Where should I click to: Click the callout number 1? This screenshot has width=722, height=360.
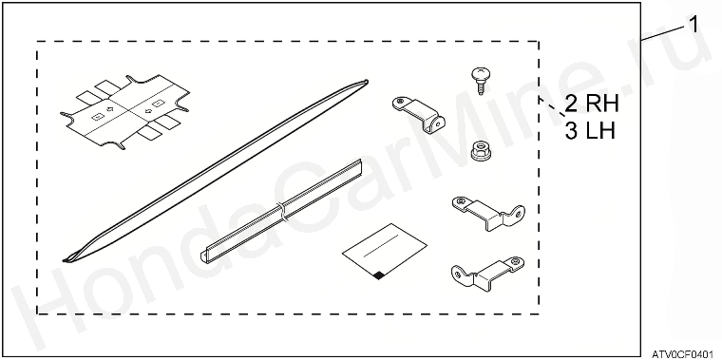tap(693, 25)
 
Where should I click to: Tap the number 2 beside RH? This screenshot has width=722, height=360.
tap(571, 104)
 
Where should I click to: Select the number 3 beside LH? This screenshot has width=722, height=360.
tap(571, 131)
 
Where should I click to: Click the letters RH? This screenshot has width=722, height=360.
tap(602, 104)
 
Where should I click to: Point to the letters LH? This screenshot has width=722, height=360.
tap(601, 131)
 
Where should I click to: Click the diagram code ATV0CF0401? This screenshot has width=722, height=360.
tap(685, 353)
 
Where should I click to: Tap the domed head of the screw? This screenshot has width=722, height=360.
tap(481, 73)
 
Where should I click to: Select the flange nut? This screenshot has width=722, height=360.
tap(481, 150)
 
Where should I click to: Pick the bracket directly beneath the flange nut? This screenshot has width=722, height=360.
tap(488, 213)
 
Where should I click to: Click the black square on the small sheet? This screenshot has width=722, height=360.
tap(379, 275)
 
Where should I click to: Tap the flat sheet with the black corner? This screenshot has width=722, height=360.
tap(385, 252)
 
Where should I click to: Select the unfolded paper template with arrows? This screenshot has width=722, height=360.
tap(124, 111)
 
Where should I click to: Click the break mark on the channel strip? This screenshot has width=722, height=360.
tap(282, 210)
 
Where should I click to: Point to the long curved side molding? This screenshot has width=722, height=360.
tap(215, 171)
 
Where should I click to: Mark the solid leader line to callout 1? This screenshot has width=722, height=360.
tap(664, 33)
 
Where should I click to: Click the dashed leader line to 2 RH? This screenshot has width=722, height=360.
tap(552, 105)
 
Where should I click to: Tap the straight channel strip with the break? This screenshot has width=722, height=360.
tap(282, 210)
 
